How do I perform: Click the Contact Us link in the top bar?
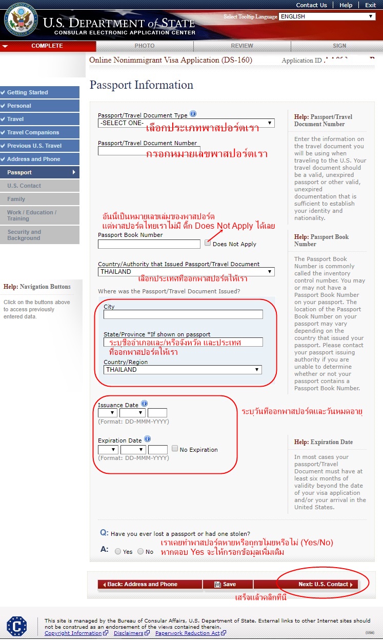[311, 5]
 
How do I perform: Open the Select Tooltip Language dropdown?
[327, 16]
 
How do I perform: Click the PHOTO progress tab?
[145, 46]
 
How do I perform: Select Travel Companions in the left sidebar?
[33, 132]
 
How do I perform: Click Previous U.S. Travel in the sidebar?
[34, 146]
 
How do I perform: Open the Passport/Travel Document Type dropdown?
[186, 123]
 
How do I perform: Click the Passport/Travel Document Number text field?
[149, 151]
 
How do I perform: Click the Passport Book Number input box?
[149, 244]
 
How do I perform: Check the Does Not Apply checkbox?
[208, 243]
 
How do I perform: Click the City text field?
[183, 314]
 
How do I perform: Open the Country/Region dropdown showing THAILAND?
[183, 370]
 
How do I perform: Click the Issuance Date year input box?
[157, 413]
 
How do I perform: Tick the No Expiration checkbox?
[175, 449]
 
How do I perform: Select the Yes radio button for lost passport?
[118, 552]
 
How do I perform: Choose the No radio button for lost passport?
[140, 552]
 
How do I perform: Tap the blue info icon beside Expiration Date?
[148, 439]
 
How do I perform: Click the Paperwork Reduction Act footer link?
[188, 633]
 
